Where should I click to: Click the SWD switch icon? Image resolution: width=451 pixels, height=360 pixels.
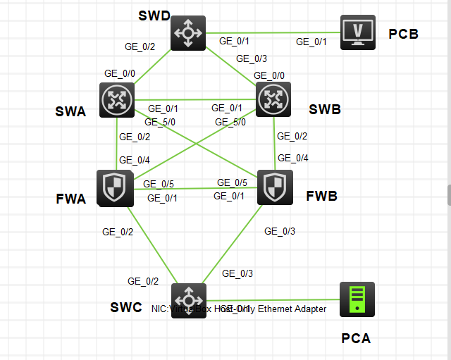[188, 32]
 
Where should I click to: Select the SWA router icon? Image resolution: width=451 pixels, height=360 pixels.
[116, 100]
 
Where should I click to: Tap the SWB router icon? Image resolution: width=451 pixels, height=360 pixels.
[273, 99]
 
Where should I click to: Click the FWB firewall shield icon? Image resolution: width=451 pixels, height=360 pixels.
[275, 187]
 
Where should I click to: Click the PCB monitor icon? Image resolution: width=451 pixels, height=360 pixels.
[358, 32]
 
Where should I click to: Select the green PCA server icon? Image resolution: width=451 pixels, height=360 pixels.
[357, 299]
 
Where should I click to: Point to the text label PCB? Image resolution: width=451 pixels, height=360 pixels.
[404, 34]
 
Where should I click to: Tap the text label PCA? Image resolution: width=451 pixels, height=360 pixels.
[356, 338]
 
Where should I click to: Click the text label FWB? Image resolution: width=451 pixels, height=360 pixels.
[321, 195]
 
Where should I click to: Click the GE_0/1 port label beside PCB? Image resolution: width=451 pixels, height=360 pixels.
[311, 42]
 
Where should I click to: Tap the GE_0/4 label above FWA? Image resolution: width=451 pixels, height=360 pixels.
[135, 160]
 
